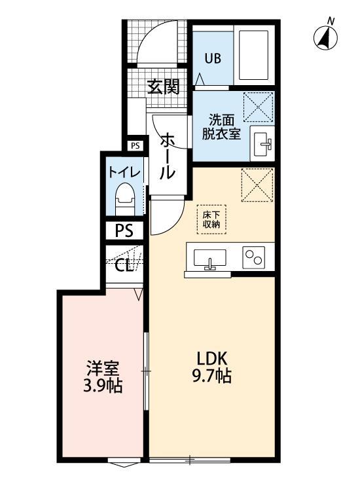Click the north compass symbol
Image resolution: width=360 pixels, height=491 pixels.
click(325, 37)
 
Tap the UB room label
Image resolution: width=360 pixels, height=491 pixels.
click(213, 58)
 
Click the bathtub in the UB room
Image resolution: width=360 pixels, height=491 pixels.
click(254, 54)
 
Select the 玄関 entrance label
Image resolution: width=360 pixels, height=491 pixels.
click(163, 87)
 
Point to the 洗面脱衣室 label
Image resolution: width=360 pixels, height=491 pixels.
click(225, 126)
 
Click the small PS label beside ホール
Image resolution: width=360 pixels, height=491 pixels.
click(135, 146)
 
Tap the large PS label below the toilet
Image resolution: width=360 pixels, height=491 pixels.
click(124, 230)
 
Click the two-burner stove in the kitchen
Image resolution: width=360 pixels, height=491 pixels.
click(253, 257)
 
